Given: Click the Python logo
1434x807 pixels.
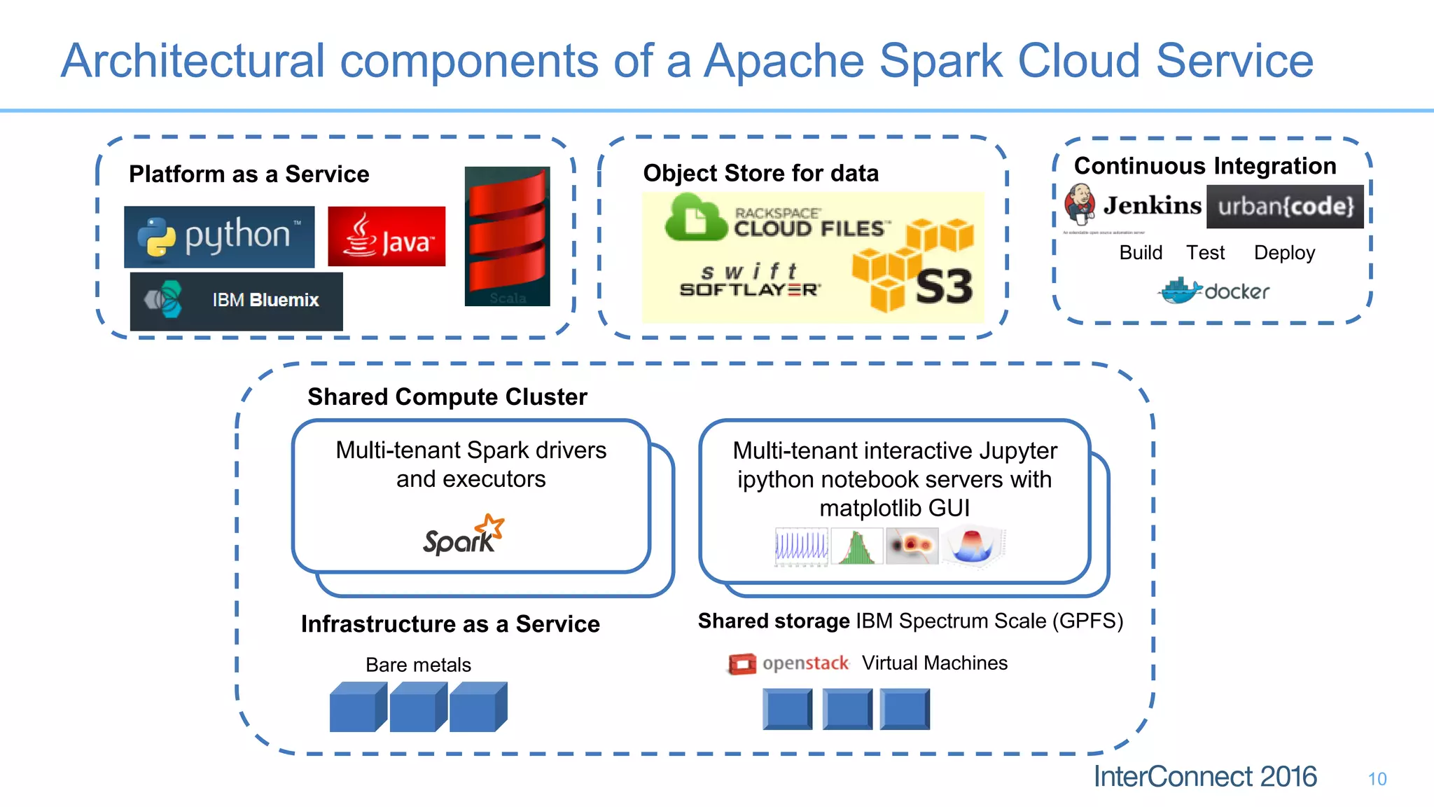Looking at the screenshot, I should tap(219, 237).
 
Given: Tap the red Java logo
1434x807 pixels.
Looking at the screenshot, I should tap(387, 237).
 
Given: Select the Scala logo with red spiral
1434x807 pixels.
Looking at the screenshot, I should tap(507, 236).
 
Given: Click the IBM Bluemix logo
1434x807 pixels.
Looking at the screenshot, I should tap(237, 301).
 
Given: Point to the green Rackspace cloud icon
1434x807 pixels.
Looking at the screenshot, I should tap(695, 219).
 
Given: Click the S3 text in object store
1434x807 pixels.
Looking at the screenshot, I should tap(944, 287).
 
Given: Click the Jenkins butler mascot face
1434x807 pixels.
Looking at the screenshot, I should tap(1080, 202).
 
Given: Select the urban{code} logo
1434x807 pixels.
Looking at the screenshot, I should tap(1285, 207).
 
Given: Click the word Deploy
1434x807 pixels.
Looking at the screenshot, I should tap(1284, 253).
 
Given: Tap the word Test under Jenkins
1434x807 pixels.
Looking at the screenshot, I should tap(1205, 253).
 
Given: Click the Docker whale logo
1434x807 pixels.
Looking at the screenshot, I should tap(1181, 291).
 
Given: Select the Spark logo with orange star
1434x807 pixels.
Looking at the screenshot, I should tap(464, 536).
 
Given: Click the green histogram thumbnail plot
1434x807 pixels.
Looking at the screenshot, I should tap(856, 547).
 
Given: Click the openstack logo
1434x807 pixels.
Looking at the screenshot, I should tap(788, 663).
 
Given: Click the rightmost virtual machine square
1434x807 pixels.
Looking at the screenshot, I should tap(905, 709).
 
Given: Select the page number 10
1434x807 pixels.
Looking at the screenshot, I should tap(1377, 779).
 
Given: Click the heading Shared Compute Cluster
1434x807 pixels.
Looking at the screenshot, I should tap(447, 397).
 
